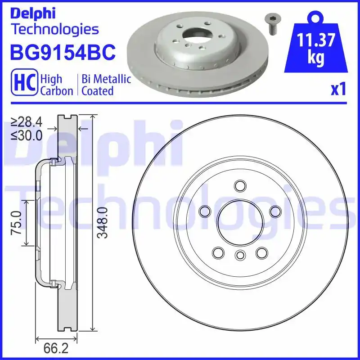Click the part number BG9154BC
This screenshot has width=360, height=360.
click(x=63, y=53)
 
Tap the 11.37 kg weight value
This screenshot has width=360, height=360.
click(x=316, y=49)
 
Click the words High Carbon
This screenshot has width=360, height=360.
click(x=57, y=85)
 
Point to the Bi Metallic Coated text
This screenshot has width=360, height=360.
click(x=106, y=85)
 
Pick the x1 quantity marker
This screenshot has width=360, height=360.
click(x=338, y=90)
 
